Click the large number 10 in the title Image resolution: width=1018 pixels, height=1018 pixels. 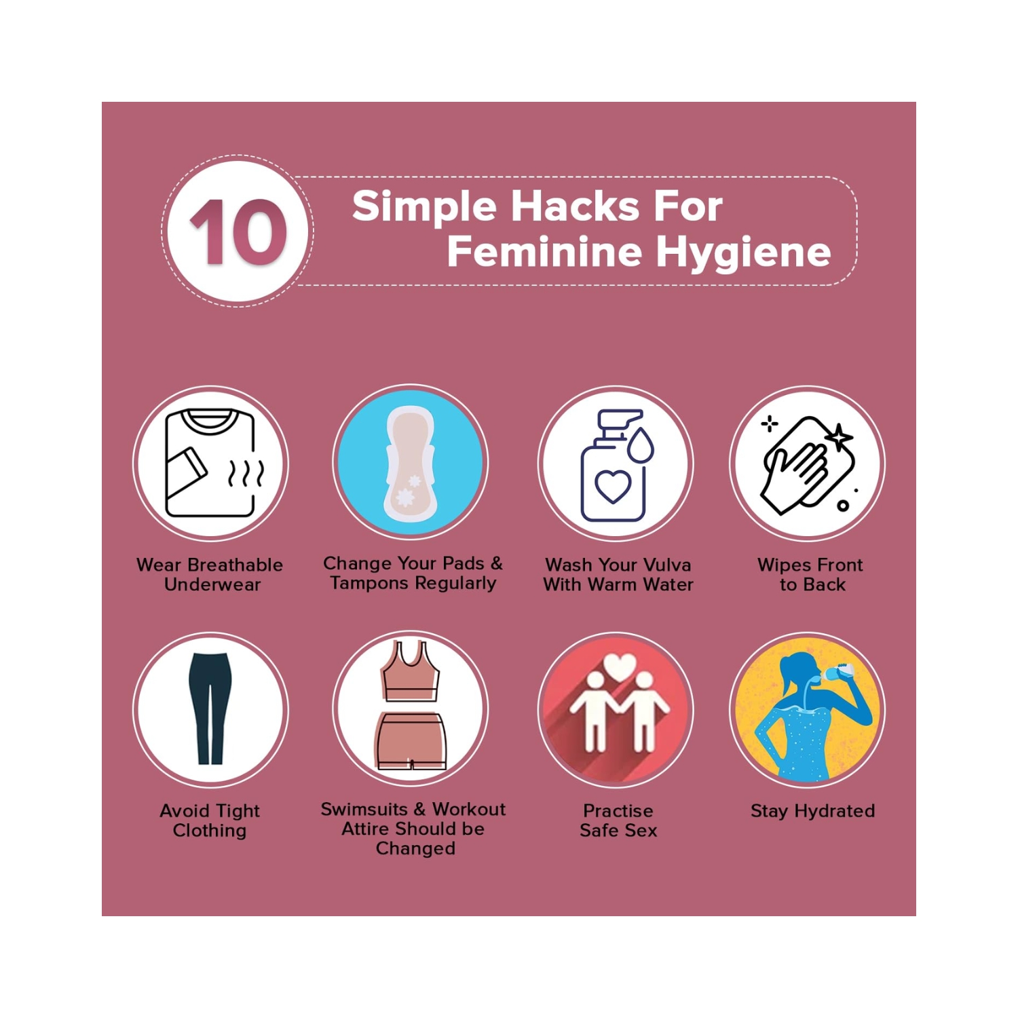click(x=238, y=231)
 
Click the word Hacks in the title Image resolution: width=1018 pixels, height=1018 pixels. click(x=575, y=206)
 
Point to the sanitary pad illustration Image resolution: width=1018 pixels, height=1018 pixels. click(x=410, y=463)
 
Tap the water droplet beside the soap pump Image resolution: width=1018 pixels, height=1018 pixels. click(x=641, y=445)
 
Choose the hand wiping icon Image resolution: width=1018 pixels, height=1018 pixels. click(x=808, y=464)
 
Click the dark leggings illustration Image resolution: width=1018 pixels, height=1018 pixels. click(x=210, y=709)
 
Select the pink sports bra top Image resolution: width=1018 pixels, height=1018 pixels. click(x=411, y=671)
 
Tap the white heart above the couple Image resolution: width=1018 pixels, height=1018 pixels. click(x=618, y=666)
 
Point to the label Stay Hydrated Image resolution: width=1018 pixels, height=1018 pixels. click(x=812, y=811)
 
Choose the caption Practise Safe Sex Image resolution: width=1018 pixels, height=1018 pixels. click(x=618, y=821)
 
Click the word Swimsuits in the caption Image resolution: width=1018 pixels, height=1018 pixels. click(x=364, y=810)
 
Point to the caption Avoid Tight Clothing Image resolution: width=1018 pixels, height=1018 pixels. click(x=210, y=821)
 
